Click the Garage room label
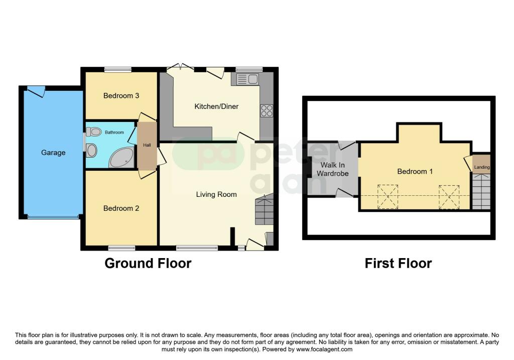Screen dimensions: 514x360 [53, 153]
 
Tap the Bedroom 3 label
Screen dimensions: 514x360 [121, 95]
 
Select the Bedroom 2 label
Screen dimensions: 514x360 [121, 208]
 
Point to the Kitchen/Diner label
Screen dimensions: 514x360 [216, 106]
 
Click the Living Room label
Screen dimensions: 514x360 [216, 194]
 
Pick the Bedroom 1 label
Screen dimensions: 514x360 [415, 171]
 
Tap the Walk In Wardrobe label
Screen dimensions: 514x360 [332, 169]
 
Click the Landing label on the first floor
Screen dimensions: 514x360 [481, 167]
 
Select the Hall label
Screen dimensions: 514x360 [147, 145]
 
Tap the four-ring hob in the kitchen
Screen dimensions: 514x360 [267, 110]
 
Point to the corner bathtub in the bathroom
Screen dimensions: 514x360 [121, 158]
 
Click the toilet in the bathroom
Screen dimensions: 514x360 [94, 132]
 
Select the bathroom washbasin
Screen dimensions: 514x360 [92, 151]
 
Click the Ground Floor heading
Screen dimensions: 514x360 [148, 263]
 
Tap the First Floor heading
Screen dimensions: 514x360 [398, 263]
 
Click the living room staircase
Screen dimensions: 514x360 [264, 209]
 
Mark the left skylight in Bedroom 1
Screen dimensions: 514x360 [388, 197]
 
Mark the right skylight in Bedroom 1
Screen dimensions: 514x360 [449, 197]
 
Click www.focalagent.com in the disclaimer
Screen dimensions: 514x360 [324, 349]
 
